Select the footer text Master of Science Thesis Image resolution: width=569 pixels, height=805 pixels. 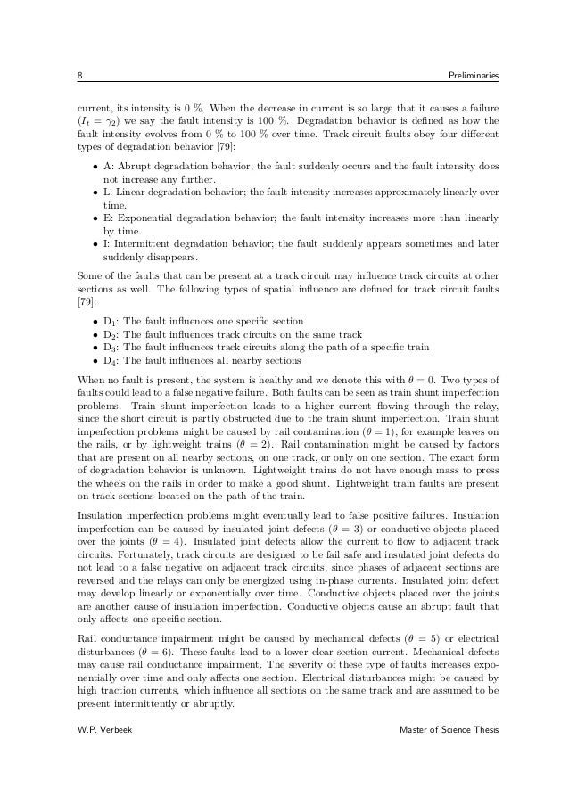tap(449, 731)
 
